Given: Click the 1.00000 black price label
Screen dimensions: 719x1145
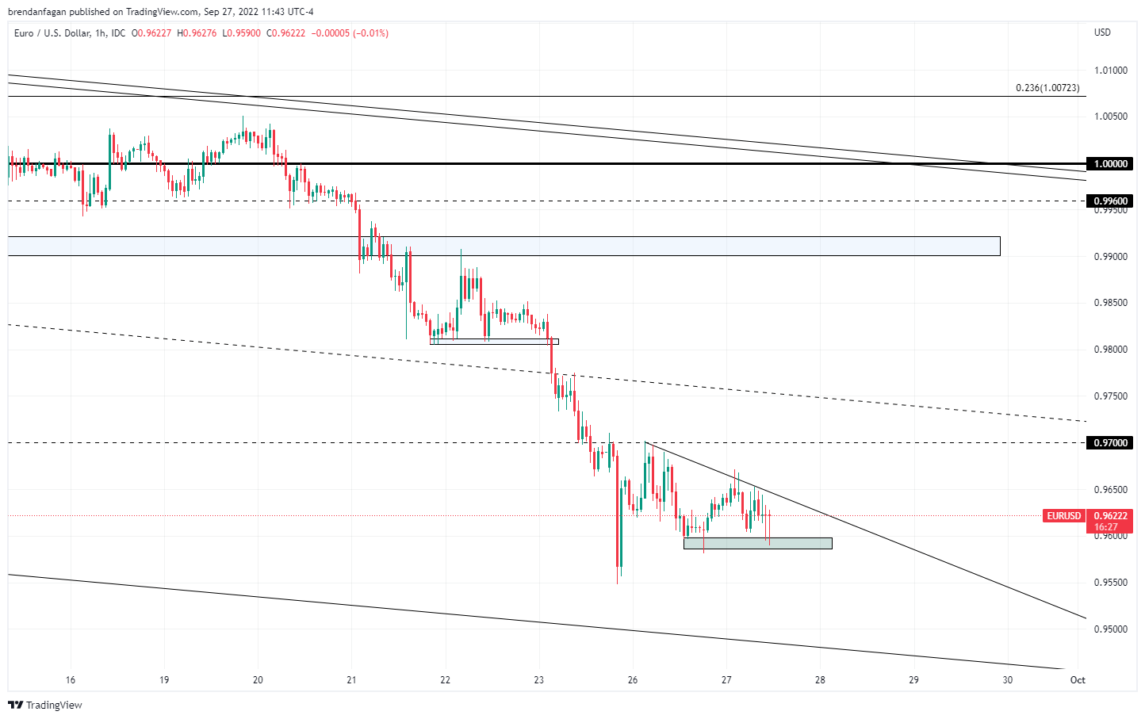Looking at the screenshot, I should click(1110, 164).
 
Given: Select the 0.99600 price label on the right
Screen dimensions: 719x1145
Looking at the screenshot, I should click(1110, 201).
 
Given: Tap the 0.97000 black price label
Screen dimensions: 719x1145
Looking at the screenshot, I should click(1110, 443).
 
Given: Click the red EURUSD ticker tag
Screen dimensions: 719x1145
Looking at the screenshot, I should click(1063, 516).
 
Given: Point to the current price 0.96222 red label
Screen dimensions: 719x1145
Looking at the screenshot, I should click(1110, 516).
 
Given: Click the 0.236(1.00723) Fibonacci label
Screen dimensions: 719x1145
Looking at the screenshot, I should click(1047, 88).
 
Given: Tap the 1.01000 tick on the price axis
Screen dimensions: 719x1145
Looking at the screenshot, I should click(1110, 71).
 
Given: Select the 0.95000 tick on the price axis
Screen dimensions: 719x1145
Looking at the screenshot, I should click(1110, 629).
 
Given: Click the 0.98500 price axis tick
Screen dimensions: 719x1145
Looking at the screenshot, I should click(1110, 303).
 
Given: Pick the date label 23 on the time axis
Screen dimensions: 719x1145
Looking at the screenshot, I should click(539, 680).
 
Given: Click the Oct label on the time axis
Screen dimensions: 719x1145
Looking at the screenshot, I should click(1078, 680).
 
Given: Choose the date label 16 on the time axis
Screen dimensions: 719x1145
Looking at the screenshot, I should click(71, 680).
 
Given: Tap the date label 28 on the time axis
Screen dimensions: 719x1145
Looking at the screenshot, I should click(820, 680).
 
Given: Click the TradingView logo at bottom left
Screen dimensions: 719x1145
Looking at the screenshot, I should click(45, 705).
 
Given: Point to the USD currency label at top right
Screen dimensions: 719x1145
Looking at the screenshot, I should click(1102, 33).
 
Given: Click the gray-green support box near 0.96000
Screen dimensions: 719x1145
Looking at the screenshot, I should click(757, 543).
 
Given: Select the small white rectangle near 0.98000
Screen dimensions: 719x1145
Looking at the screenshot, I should click(494, 342).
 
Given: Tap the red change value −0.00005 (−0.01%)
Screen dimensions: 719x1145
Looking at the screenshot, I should click(349, 33).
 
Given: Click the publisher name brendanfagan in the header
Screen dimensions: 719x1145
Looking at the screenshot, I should click(36, 12).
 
